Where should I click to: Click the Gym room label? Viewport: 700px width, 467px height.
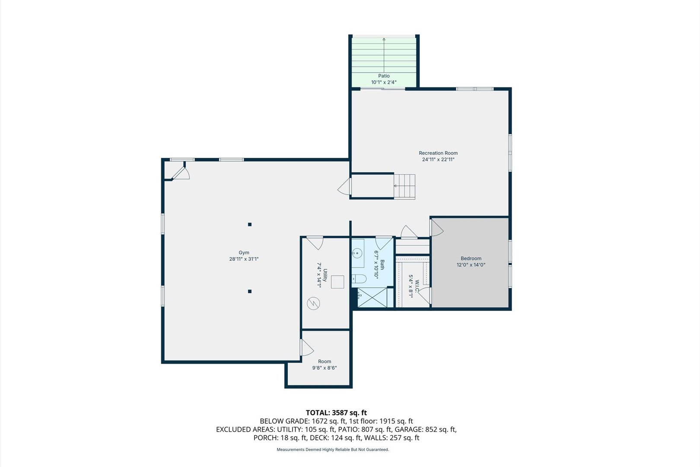(x=244, y=253)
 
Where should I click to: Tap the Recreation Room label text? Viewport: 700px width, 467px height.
(x=438, y=153)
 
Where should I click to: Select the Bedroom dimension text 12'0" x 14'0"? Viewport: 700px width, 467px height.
(x=471, y=265)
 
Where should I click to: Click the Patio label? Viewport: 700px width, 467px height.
(x=384, y=76)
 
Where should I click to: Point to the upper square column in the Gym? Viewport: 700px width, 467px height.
(x=250, y=224)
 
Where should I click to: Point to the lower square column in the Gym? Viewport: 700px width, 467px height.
(x=250, y=291)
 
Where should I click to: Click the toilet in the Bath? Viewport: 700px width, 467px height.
(x=359, y=279)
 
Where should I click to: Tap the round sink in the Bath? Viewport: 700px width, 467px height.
(x=357, y=253)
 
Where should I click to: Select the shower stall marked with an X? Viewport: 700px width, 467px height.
(x=372, y=297)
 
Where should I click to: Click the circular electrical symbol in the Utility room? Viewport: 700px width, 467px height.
(x=313, y=303)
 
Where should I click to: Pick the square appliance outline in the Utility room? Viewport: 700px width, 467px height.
(x=337, y=282)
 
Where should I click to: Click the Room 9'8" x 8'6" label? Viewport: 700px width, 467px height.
(x=325, y=365)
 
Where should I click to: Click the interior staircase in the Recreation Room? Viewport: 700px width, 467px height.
(x=404, y=186)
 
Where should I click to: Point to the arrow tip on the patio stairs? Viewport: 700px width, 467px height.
(x=384, y=38)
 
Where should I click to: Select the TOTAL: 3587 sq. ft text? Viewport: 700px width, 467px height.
(x=336, y=413)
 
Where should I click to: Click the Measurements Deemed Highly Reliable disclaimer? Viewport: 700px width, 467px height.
(x=333, y=449)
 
